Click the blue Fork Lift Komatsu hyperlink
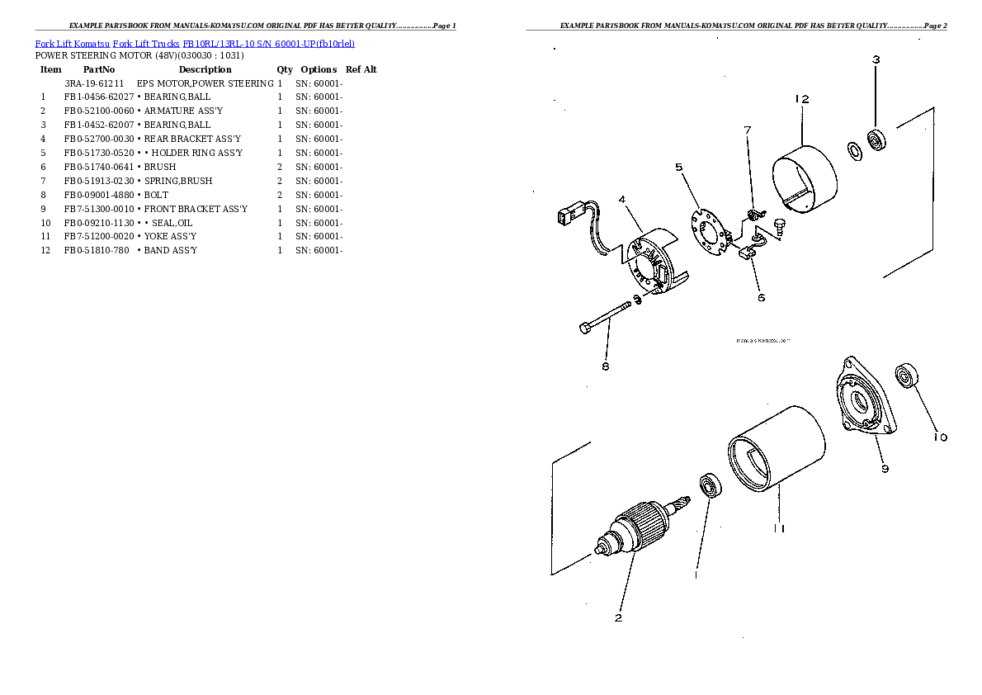pos(72,44)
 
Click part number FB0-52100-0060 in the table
pos(98,111)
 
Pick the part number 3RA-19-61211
pos(93,83)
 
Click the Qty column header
pos(285,69)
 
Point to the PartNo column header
pos(99,69)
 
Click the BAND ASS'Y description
pos(170,250)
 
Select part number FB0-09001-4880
pos(98,195)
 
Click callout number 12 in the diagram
pos(801,99)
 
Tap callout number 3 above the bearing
pos(876,59)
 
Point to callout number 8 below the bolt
pos(605,366)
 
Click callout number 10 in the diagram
pos(940,437)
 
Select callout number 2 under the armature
pos(618,617)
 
